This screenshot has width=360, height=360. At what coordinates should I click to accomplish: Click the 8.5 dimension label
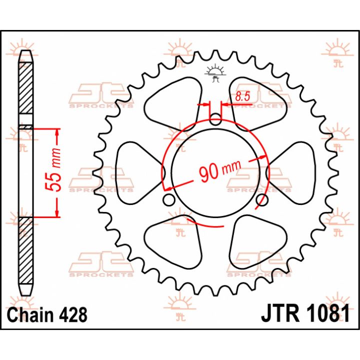point(242,97)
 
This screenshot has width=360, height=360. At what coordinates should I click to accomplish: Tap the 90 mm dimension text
point(219,171)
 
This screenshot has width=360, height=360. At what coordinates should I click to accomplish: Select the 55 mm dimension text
point(53,169)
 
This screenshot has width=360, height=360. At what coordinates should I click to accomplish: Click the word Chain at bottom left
point(30,315)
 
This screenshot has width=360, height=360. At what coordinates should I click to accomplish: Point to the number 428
point(73,315)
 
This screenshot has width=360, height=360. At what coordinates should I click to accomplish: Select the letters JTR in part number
point(280,313)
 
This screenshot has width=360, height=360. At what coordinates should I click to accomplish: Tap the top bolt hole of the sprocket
point(215,119)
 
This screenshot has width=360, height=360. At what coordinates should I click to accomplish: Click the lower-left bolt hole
point(169,199)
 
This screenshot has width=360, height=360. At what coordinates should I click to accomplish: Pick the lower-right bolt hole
point(261,199)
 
